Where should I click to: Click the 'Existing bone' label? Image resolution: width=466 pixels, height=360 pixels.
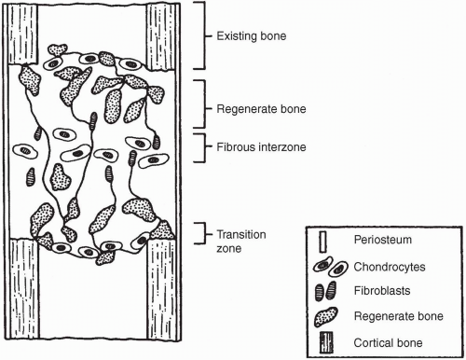(x=251, y=36)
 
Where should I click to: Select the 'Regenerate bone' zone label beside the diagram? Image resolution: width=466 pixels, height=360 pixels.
(x=261, y=109)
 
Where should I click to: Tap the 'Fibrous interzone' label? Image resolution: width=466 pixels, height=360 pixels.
(x=261, y=146)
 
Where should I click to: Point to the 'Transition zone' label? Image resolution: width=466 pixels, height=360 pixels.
(x=241, y=242)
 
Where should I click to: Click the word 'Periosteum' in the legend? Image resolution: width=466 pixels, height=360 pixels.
(x=382, y=240)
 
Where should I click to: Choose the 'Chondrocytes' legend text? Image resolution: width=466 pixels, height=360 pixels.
(x=390, y=267)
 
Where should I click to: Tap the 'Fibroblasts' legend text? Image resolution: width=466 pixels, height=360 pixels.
(x=382, y=291)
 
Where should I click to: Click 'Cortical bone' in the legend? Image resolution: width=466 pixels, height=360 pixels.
(x=388, y=343)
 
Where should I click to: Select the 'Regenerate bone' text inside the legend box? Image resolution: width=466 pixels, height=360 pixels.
(x=398, y=316)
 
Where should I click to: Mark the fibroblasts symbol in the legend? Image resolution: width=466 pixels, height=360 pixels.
(x=325, y=291)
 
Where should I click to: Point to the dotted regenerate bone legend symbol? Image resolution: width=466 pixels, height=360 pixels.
(x=325, y=317)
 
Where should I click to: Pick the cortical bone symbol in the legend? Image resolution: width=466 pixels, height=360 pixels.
(x=326, y=342)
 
